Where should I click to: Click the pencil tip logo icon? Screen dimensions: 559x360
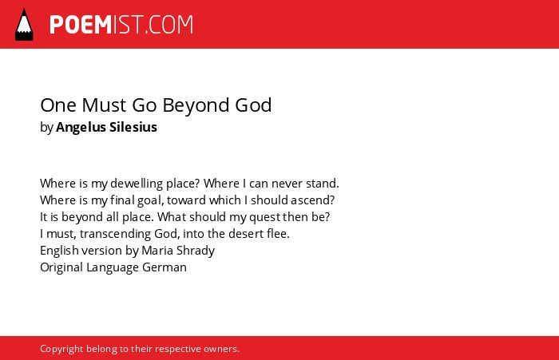point(24,24)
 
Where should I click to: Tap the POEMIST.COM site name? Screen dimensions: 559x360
point(121,25)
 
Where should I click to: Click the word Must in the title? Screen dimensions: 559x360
point(104,105)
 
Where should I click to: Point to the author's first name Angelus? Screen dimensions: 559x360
point(81,128)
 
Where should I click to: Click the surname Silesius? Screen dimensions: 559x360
point(133,127)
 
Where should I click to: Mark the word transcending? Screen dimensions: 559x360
point(116,234)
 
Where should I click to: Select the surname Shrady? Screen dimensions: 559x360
point(196,251)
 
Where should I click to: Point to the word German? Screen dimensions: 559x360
point(165,267)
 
